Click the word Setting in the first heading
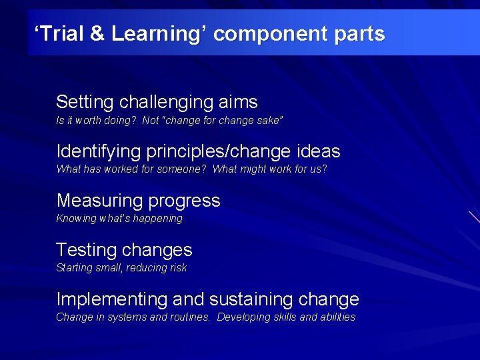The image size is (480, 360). point(85,102)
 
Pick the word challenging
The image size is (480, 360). point(166,102)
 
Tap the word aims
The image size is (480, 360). point(238,102)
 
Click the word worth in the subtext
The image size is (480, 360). point(89,121)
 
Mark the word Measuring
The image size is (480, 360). point(100,201)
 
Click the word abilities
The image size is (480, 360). point(338,317)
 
